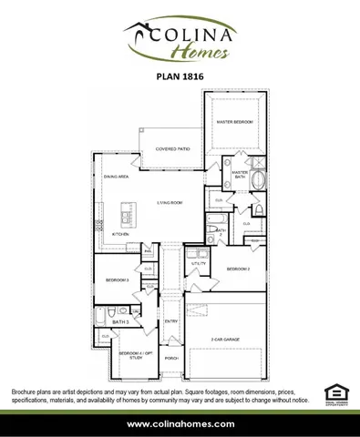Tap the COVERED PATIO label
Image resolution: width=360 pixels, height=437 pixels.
point(172,148)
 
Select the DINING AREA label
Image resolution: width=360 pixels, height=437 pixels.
point(116,177)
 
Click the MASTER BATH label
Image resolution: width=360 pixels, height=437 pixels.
point(240,175)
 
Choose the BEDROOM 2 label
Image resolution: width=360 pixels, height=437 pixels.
point(239,269)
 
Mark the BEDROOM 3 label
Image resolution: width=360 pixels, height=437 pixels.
point(116,279)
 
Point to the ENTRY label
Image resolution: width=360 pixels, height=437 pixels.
point(171,320)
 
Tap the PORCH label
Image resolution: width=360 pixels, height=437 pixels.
point(171,358)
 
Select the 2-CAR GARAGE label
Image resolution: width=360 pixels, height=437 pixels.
point(224,339)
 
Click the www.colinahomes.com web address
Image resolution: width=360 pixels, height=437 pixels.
point(180,424)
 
